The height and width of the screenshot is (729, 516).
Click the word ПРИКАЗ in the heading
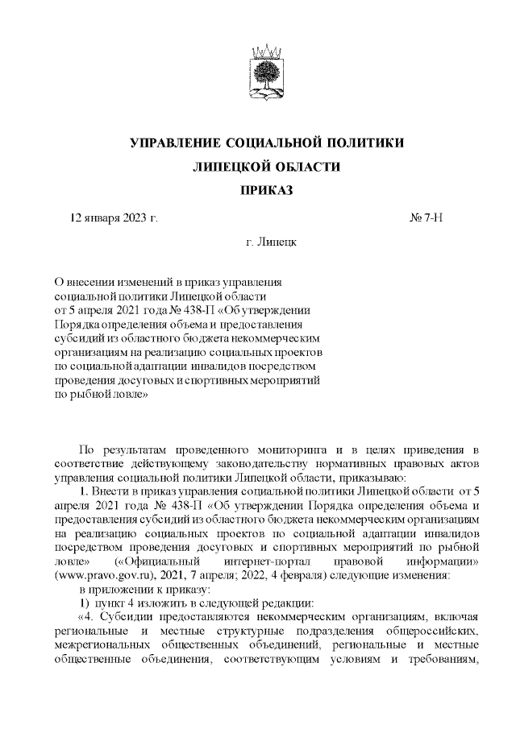(x=266, y=191)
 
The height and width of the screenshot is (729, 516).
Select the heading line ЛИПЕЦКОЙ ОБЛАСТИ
(x=266, y=167)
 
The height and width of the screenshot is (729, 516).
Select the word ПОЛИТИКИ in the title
(x=356, y=143)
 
